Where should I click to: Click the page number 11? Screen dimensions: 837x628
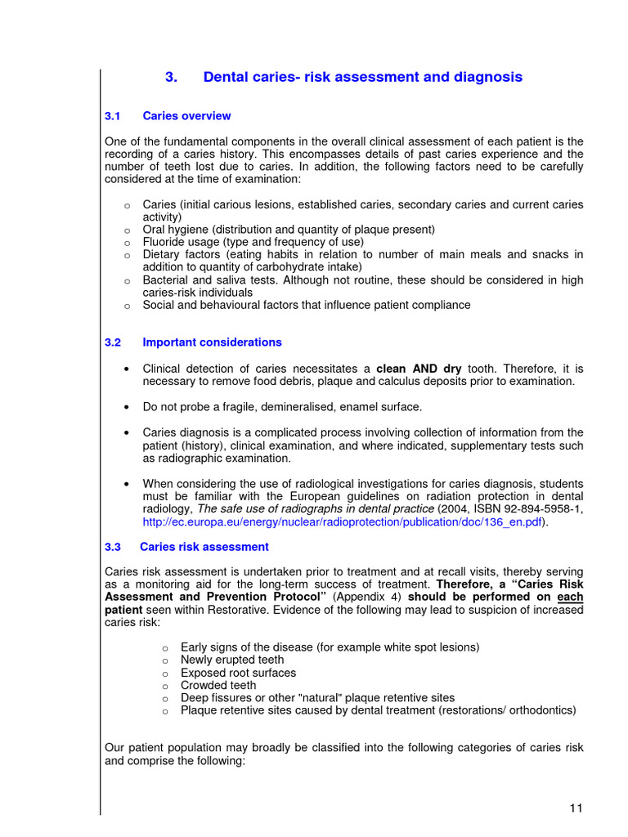click(x=576, y=808)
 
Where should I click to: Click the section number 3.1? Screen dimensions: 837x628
click(x=113, y=116)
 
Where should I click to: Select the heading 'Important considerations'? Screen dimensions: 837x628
click(x=212, y=342)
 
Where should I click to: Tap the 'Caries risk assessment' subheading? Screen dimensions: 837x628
click(x=204, y=547)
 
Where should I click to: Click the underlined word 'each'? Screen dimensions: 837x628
click(x=572, y=597)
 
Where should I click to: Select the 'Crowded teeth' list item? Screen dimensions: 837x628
click(x=218, y=686)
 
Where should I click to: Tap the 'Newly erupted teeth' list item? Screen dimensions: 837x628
click(x=232, y=660)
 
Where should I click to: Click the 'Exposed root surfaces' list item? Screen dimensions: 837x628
click(x=238, y=673)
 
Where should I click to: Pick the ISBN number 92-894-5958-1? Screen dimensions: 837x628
click(x=535, y=509)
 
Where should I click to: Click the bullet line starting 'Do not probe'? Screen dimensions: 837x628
click(x=282, y=407)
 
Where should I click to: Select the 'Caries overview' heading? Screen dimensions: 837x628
click(x=186, y=116)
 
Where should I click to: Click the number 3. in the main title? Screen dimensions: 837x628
click(x=171, y=78)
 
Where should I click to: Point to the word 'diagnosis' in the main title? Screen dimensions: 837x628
click(x=489, y=78)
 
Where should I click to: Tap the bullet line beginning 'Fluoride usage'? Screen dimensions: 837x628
click(x=253, y=242)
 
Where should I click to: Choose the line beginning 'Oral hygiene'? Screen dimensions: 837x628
click(x=289, y=230)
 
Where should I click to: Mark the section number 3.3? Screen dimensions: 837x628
click(x=113, y=547)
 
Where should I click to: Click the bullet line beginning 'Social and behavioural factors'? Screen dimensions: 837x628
click(x=307, y=305)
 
